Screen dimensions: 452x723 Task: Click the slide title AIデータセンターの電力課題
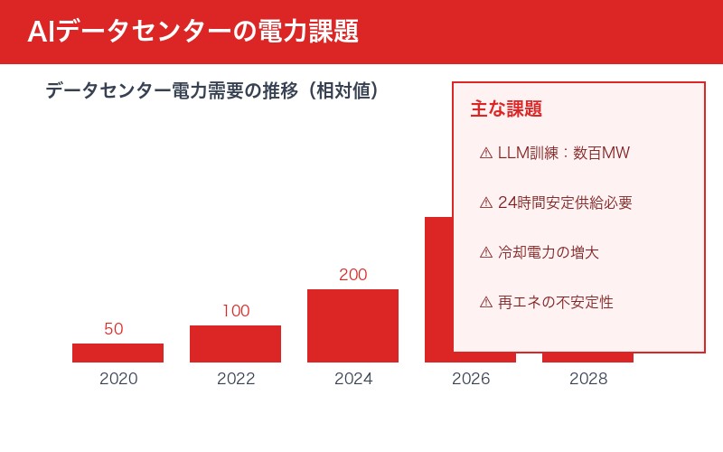(x=192, y=32)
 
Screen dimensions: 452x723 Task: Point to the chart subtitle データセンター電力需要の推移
(x=211, y=91)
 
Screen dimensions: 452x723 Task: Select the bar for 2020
(x=117, y=353)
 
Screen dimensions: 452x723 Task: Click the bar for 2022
(x=235, y=344)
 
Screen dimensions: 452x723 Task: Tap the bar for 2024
(x=352, y=325)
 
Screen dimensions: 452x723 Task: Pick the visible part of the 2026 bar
(x=438, y=289)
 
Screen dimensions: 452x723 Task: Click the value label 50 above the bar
(x=114, y=329)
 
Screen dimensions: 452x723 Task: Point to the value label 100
(x=236, y=311)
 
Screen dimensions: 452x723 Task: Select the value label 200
(x=352, y=275)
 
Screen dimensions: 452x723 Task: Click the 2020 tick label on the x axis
(x=117, y=379)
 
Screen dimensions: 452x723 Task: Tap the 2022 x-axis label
(x=236, y=379)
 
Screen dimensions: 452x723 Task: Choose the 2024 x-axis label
(x=352, y=379)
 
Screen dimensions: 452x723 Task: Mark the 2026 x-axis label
(x=471, y=379)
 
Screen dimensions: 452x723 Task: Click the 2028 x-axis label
(x=588, y=379)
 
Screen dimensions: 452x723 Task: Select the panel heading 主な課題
(x=506, y=109)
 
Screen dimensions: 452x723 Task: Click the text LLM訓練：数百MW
(x=563, y=153)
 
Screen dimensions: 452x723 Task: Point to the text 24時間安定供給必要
(x=565, y=202)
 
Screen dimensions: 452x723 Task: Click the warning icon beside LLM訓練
(x=486, y=153)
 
